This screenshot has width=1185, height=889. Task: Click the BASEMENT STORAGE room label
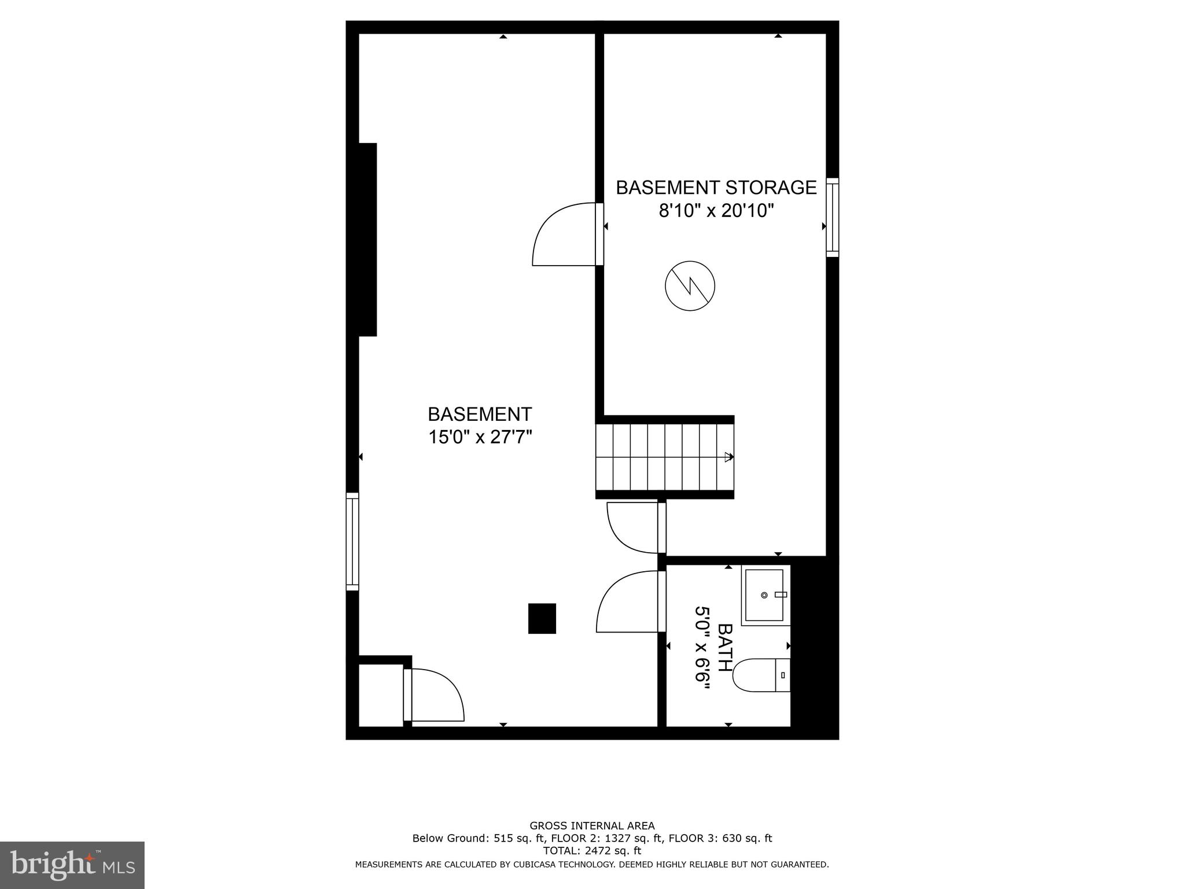[x=716, y=188]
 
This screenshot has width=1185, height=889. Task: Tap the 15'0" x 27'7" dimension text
[x=480, y=437]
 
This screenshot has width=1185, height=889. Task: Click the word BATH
[x=724, y=647]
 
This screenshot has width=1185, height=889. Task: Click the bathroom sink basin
[x=764, y=595]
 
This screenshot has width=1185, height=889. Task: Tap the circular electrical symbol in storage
[x=690, y=286]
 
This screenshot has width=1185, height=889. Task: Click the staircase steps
[x=664, y=457]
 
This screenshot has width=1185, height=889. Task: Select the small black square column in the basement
[x=542, y=618]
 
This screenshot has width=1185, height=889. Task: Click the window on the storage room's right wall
[x=832, y=217]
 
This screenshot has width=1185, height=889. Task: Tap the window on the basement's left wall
[x=352, y=541]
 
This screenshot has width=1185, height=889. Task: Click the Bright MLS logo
[x=72, y=865]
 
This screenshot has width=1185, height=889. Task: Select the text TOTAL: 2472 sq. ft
[x=592, y=851]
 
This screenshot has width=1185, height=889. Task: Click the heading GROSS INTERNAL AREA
[x=592, y=826]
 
